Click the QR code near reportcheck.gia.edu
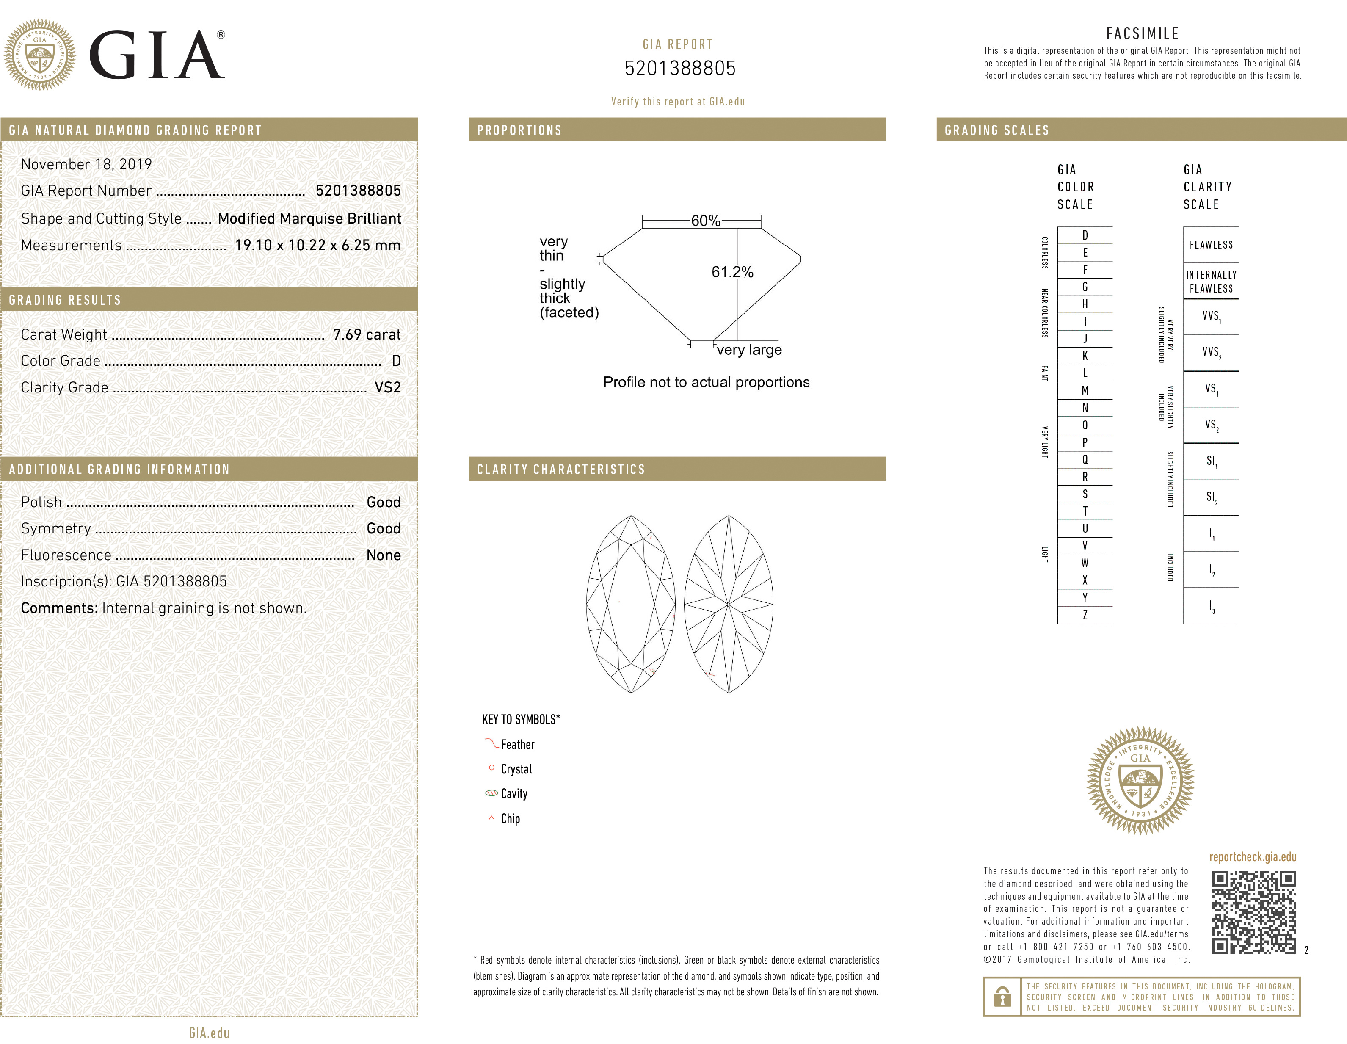(x=1253, y=912)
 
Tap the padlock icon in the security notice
(x=1003, y=997)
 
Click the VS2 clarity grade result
(x=387, y=388)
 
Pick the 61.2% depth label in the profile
(x=732, y=272)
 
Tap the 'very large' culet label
(x=749, y=350)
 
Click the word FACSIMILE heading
(x=1142, y=34)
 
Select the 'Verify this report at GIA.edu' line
(x=678, y=102)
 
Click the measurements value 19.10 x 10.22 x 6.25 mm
(x=317, y=246)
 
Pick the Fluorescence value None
(x=383, y=555)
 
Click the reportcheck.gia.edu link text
(x=1253, y=857)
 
